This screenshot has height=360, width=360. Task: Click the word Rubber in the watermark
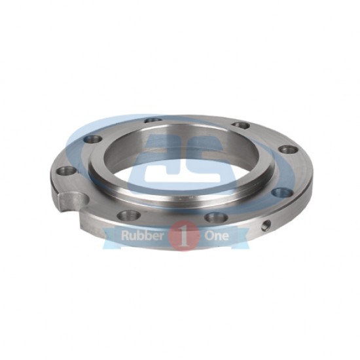(x=142, y=236)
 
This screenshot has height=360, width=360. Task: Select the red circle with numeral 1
(x=184, y=236)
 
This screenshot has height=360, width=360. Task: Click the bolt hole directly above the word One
(x=217, y=217)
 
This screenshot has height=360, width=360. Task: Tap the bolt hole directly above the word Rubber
(x=129, y=215)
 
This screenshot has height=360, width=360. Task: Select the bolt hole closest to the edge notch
(x=67, y=171)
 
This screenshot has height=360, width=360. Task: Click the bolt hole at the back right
(x=240, y=125)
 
